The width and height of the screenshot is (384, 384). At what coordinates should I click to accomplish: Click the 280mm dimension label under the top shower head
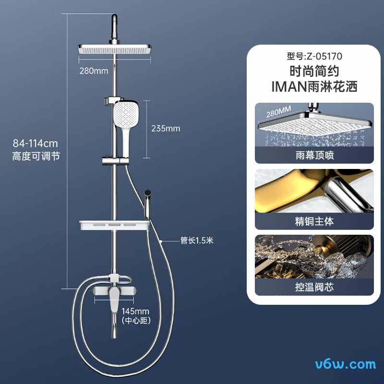coord(94,71)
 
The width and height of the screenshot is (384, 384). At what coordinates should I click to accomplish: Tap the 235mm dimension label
coord(166,129)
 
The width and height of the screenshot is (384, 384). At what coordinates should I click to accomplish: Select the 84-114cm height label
coord(35,143)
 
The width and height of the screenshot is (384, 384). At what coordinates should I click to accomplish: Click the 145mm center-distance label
coord(135,311)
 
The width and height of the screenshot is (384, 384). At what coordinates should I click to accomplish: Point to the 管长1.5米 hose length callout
coord(197,240)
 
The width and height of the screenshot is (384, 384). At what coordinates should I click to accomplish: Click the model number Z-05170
coord(324,56)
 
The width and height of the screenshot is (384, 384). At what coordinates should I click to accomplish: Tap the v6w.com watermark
coord(346,364)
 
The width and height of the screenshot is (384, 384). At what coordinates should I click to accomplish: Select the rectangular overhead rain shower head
coord(115,49)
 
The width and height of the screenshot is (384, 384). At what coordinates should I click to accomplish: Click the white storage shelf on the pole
coord(114,225)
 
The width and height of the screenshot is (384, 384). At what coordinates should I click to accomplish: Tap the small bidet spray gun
coord(148,203)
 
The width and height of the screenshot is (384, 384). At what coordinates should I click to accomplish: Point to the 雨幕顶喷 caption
coord(314,155)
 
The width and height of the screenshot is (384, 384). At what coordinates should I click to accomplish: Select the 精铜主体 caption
coord(314,221)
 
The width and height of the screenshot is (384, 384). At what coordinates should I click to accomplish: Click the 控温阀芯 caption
coord(314,287)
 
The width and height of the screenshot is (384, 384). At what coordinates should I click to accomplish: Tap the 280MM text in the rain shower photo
coord(278,112)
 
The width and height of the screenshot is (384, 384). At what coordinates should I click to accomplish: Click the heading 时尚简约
coord(314,71)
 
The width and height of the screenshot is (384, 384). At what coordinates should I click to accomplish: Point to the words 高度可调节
coord(36,156)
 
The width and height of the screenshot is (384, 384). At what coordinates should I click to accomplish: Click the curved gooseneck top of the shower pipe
coord(114,27)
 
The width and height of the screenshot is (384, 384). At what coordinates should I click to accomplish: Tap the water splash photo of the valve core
coord(314,257)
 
